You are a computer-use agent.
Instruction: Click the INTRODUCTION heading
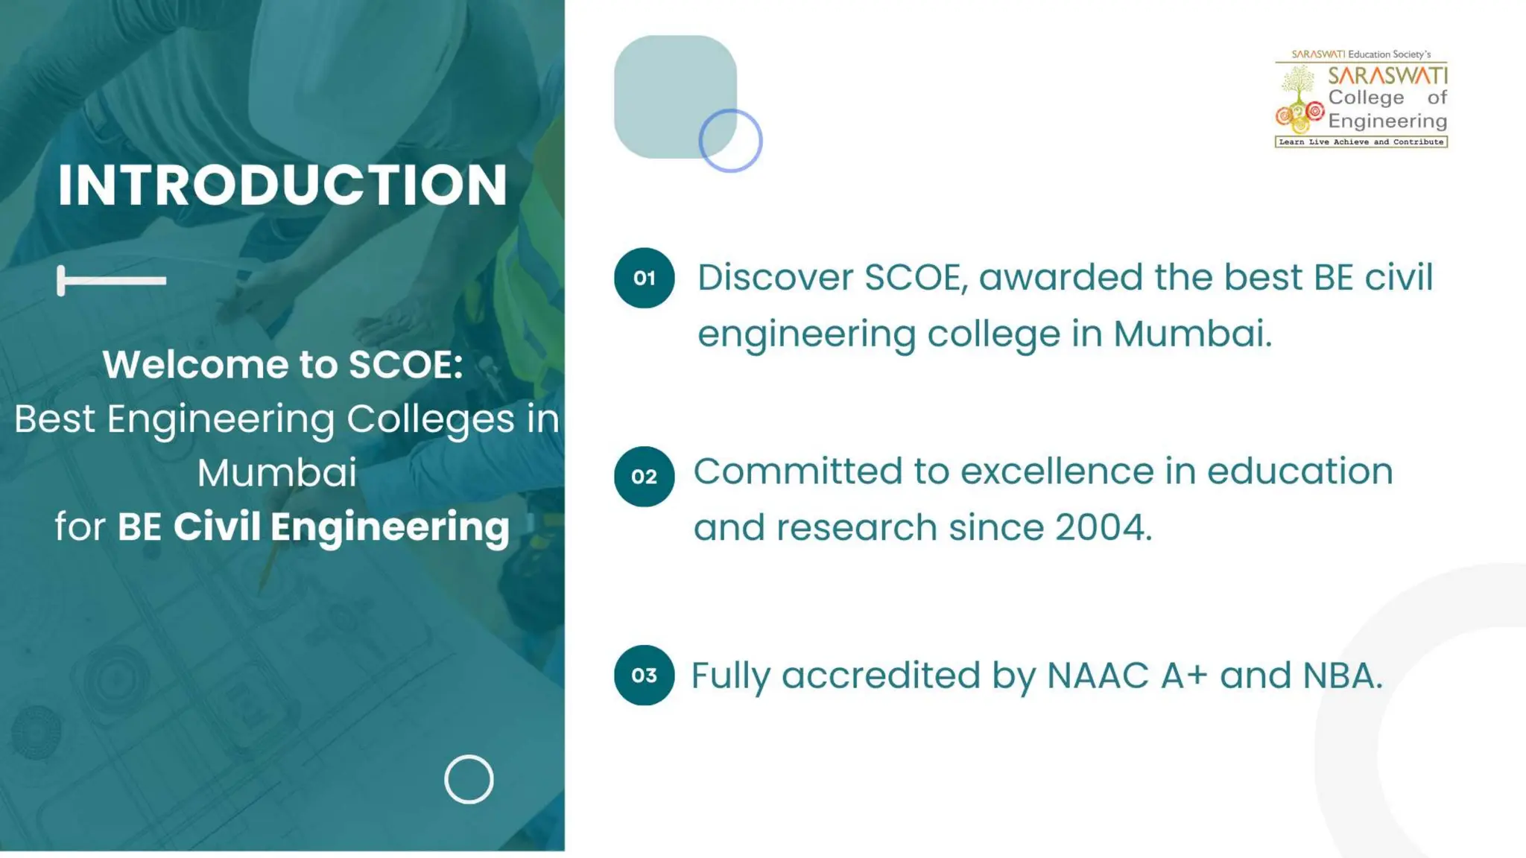coord(282,185)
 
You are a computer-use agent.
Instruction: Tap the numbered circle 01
coord(644,278)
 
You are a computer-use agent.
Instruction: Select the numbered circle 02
coord(644,477)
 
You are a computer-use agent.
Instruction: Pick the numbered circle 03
coord(644,675)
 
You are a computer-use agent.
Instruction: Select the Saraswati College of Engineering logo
coord(1361,98)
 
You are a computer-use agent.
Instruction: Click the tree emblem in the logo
coord(1299,86)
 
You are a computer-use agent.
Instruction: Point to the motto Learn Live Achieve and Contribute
coord(1361,142)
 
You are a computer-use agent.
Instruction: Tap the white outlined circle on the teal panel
coord(469,780)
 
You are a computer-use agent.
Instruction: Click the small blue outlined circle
coord(730,140)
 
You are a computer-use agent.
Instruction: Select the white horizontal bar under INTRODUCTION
coord(112,281)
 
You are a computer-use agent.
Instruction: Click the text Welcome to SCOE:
coord(282,364)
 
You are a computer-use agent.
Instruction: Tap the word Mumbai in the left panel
coord(277,472)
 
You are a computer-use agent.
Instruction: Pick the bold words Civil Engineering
coord(341,527)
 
